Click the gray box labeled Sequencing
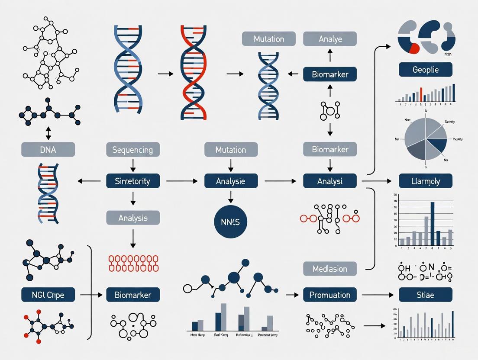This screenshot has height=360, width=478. (133, 150)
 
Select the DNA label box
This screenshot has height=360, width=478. (48, 150)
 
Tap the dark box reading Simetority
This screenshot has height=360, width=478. (133, 181)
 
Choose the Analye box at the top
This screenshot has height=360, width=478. (330, 39)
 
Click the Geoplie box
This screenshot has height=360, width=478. (425, 70)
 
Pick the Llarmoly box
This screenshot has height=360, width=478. (425, 181)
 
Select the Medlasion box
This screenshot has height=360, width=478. (330, 269)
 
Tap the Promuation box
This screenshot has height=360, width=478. (330, 295)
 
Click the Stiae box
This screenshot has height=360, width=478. (425, 295)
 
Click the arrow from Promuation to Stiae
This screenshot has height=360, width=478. (377, 295)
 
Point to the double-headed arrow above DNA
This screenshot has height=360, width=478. (48, 133)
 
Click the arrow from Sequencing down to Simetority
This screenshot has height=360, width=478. (133, 165)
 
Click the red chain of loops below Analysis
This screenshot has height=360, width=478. (133, 263)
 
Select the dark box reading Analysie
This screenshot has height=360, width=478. (231, 181)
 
